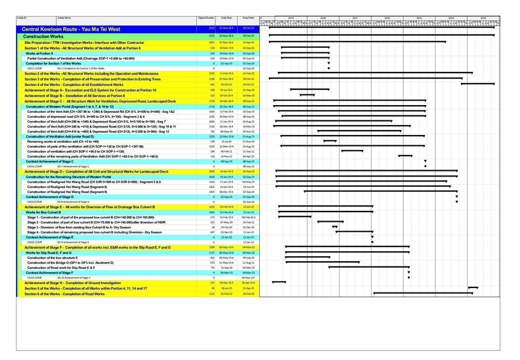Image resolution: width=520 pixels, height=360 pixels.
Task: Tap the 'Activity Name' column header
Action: click(x=64, y=18)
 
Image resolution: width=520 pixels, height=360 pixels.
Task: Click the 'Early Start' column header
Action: click(x=226, y=18)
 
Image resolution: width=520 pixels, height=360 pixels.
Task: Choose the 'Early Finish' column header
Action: click(x=248, y=18)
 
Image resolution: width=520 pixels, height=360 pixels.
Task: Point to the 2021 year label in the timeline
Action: click(x=355, y=18)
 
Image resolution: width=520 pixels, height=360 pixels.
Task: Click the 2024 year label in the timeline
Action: click(x=451, y=18)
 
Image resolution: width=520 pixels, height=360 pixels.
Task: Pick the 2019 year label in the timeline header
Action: click(x=291, y=18)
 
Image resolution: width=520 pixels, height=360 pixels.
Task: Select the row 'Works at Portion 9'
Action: click(x=43, y=54)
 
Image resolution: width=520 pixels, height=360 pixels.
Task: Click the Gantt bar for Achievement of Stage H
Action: click(x=279, y=282)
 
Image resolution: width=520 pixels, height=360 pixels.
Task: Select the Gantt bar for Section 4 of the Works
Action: click(x=382, y=85)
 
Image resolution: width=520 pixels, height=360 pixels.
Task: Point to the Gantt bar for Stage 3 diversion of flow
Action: click(x=335, y=227)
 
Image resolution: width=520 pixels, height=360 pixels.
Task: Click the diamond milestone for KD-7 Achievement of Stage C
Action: click(x=425, y=166)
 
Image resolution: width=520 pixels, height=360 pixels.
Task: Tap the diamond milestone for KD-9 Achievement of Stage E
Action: click(x=372, y=242)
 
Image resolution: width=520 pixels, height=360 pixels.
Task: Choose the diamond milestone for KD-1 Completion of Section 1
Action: click(x=329, y=68)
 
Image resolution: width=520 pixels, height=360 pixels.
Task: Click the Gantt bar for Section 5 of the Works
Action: click(x=491, y=288)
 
